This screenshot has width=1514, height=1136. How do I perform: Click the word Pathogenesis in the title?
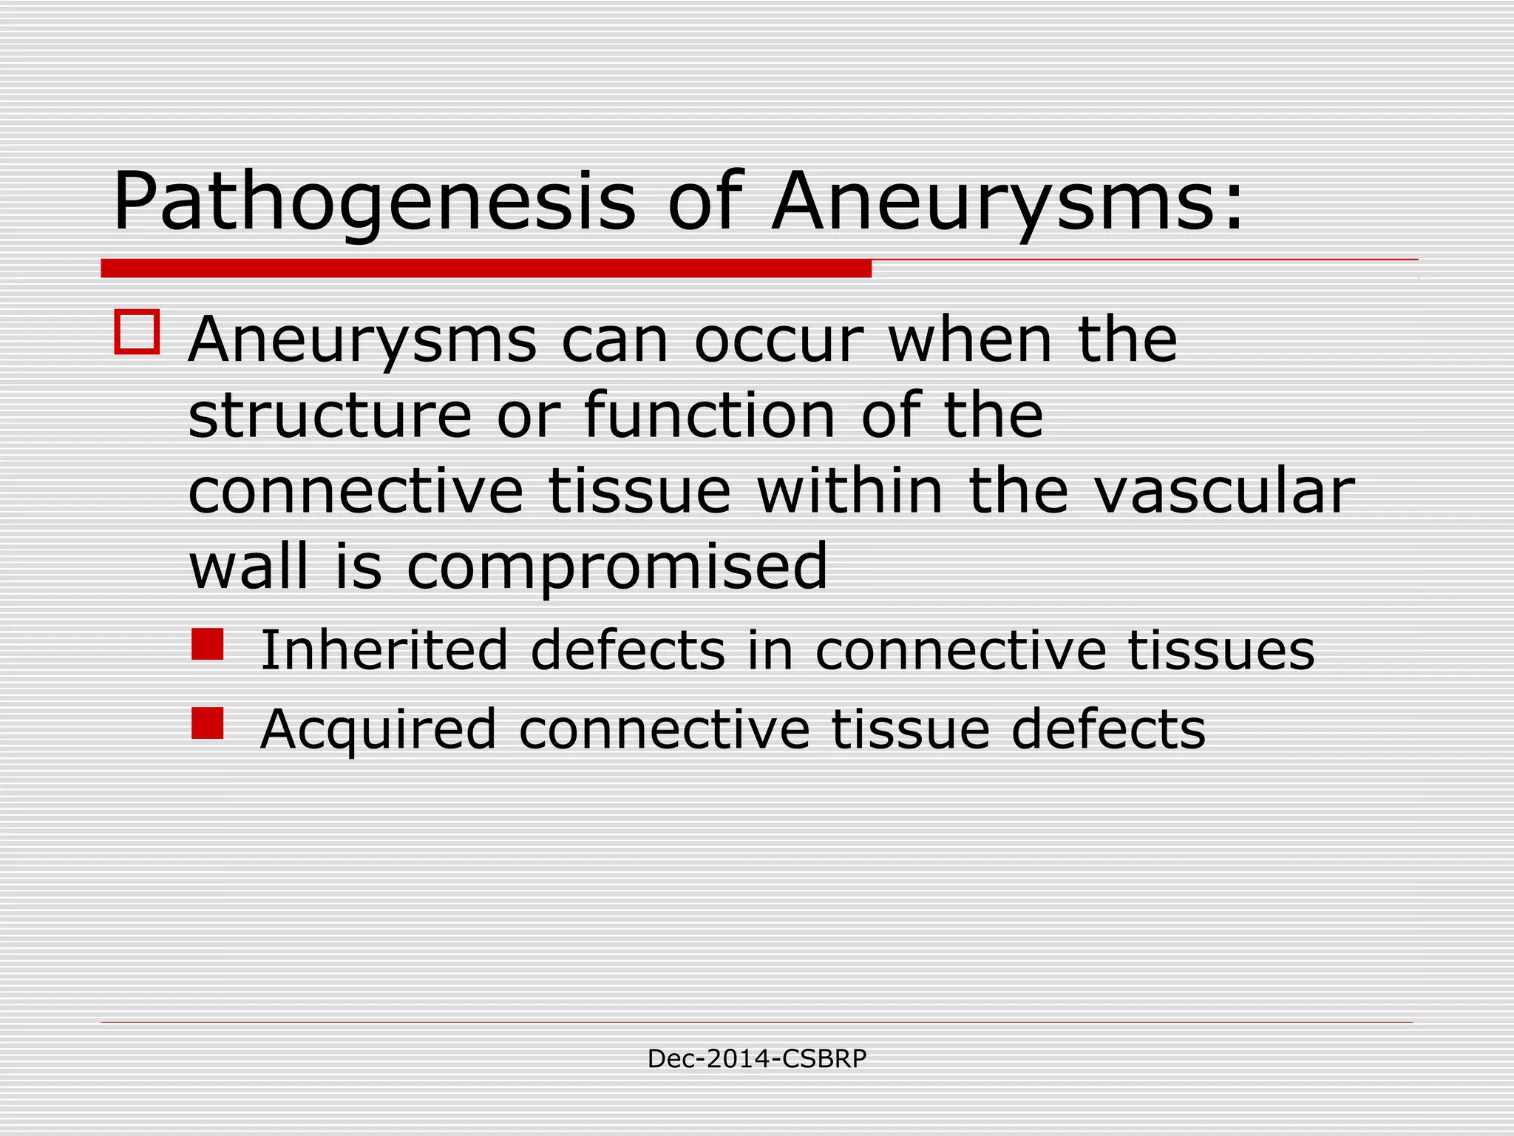click(373, 203)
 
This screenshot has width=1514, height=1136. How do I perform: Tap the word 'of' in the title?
click(703, 201)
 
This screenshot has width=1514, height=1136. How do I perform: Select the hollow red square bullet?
click(137, 332)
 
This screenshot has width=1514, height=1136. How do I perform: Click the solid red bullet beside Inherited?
click(207, 644)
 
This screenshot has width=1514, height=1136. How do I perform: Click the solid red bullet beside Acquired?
click(207, 723)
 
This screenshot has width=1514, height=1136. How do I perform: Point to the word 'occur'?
click(778, 341)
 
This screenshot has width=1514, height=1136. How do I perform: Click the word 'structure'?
click(330, 416)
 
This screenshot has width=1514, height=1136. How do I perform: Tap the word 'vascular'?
click(1224, 492)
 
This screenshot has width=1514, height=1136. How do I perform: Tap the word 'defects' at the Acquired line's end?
click(1108, 729)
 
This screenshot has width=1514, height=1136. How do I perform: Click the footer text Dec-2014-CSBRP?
click(756, 1059)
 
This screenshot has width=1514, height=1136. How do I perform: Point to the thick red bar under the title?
click(486, 268)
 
